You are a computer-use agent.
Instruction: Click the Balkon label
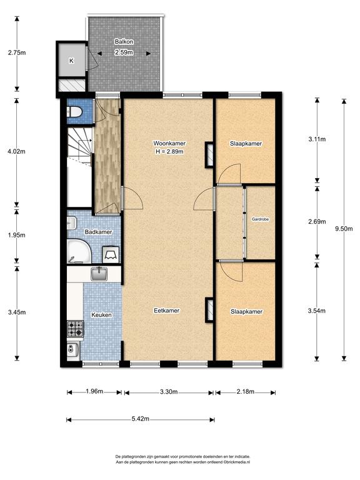(124, 41)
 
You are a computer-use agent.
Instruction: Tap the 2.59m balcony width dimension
(124, 52)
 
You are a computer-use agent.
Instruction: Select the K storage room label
(71, 61)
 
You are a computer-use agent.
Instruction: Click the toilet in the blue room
(75, 112)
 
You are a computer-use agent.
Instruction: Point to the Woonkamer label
(169, 143)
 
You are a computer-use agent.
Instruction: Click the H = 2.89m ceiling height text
(169, 151)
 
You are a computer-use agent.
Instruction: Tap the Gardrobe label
(260, 219)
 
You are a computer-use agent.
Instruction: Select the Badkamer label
(98, 232)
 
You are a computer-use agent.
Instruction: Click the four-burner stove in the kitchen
(75, 329)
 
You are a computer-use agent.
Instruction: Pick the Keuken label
(102, 315)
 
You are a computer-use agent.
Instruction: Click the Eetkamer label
(166, 311)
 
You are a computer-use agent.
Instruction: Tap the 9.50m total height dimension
(344, 228)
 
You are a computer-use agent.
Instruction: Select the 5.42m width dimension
(141, 419)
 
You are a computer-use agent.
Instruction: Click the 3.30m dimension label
(169, 392)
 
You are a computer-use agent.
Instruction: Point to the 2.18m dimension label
(246, 391)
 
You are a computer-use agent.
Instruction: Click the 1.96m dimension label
(94, 391)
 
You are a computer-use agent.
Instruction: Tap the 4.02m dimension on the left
(16, 151)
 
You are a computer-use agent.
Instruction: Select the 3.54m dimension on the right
(317, 311)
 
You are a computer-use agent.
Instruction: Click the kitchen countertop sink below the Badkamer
(99, 274)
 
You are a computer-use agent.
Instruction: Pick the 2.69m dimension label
(317, 222)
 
